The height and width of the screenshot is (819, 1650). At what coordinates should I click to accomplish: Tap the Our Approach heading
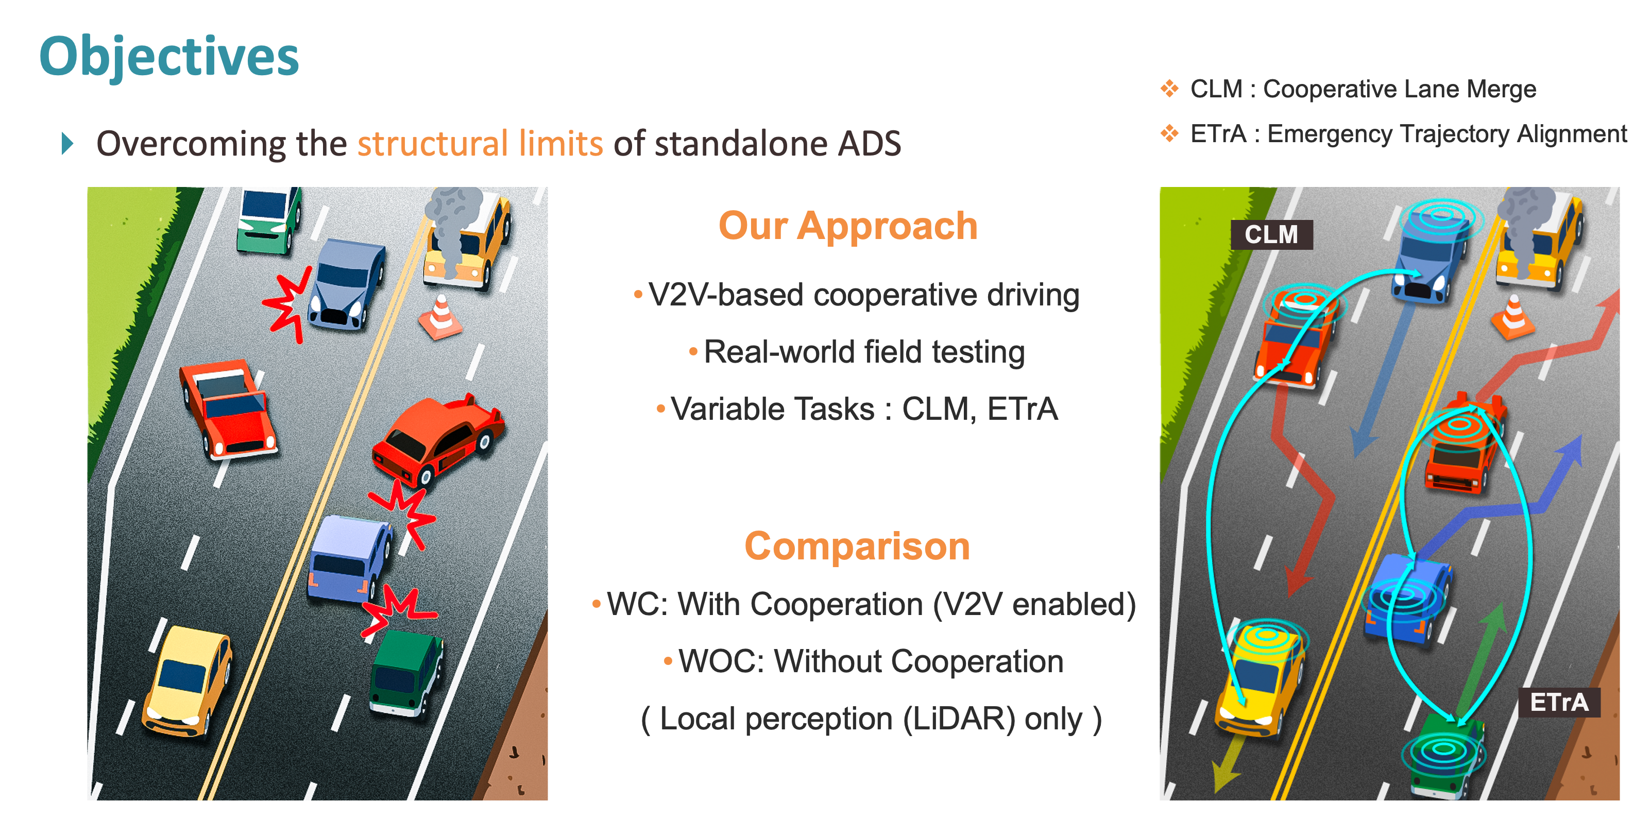[848, 227]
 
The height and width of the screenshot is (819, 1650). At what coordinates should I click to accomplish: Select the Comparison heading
[857, 546]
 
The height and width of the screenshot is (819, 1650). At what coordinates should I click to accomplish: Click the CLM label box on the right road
[1271, 234]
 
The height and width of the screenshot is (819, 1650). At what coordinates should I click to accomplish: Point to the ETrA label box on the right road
[1559, 703]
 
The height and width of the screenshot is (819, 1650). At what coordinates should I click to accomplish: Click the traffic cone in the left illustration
[440, 316]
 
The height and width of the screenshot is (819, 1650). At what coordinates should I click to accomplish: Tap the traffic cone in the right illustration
[1513, 316]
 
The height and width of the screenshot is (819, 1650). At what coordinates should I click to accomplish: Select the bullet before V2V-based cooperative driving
[638, 295]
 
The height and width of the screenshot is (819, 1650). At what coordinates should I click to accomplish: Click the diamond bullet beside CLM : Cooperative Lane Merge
[1169, 89]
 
